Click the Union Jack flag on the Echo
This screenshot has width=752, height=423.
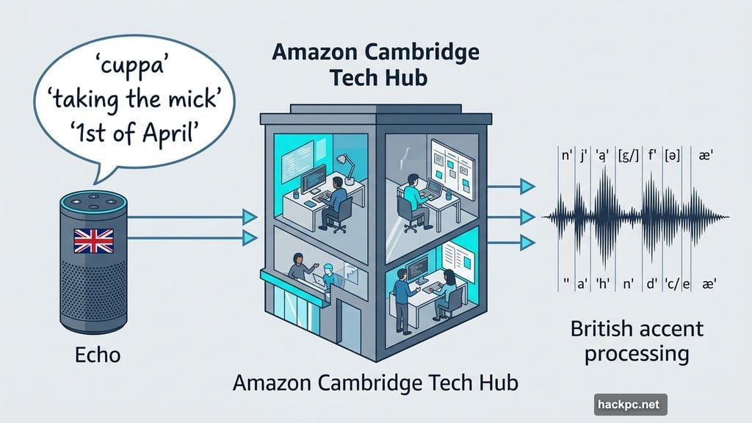(x=93, y=240)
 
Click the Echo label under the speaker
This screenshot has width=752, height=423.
(x=97, y=355)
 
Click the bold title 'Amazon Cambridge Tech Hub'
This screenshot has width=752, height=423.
(x=375, y=64)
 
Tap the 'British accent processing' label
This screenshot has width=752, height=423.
(x=637, y=341)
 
